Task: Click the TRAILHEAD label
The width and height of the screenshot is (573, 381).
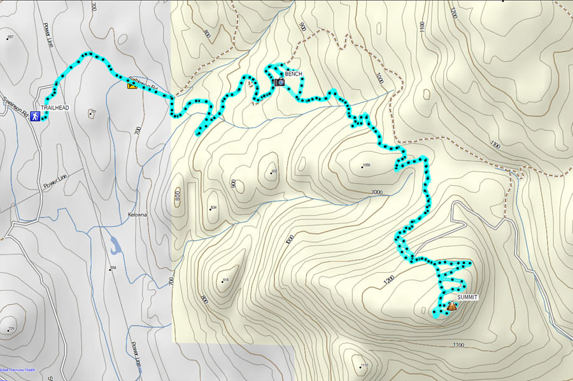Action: [x=55, y=108]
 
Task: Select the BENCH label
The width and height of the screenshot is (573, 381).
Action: [x=294, y=74]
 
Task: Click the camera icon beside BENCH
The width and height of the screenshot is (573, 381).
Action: [x=279, y=82]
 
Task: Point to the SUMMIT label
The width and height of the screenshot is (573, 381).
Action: [x=467, y=297]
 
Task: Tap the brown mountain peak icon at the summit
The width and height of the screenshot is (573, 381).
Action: [x=451, y=306]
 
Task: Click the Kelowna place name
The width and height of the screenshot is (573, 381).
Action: [x=137, y=214]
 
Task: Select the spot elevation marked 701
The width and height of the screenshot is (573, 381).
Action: [x=93, y=113]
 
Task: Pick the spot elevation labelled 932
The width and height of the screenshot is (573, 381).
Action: [x=275, y=172]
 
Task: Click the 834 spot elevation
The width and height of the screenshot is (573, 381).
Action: [x=213, y=208]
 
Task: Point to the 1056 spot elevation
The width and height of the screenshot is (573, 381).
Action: [x=365, y=166]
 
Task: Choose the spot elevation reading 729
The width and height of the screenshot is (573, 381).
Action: [x=10, y=329]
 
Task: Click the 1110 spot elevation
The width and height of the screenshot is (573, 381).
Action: [x=364, y=365]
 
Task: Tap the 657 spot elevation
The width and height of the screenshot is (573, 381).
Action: [x=10, y=38]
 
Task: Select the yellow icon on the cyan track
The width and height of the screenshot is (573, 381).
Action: [x=132, y=84]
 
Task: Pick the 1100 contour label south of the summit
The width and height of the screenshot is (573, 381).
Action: [x=457, y=345]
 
